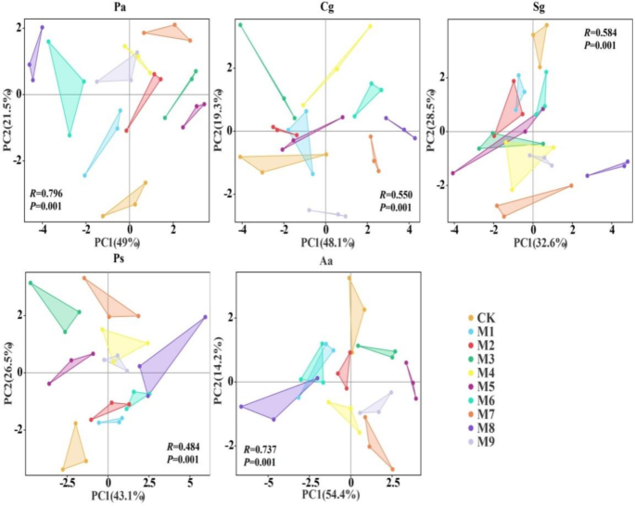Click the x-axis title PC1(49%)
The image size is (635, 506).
tap(119, 244)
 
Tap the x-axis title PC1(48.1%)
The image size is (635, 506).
tap(325, 244)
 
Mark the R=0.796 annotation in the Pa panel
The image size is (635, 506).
tap(44, 193)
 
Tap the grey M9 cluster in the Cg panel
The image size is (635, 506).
tap(327, 212)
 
